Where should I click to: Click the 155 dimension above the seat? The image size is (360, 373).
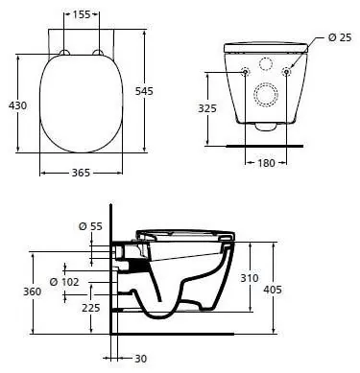click(82, 14)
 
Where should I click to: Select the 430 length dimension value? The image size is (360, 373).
click(17, 105)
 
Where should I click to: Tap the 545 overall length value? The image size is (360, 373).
click(144, 91)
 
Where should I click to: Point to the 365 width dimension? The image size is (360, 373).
click(81, 173)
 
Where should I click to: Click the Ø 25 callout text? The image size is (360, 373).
click(340, 37)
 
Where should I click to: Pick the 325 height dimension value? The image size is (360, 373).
click(207, 108)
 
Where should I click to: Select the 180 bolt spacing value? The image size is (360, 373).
click(266, 163)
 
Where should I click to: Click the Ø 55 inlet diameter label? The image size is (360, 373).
click(90, 226)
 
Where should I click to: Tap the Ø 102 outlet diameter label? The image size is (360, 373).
click(64, 282)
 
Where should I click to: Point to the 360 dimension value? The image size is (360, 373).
click(32, 291)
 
